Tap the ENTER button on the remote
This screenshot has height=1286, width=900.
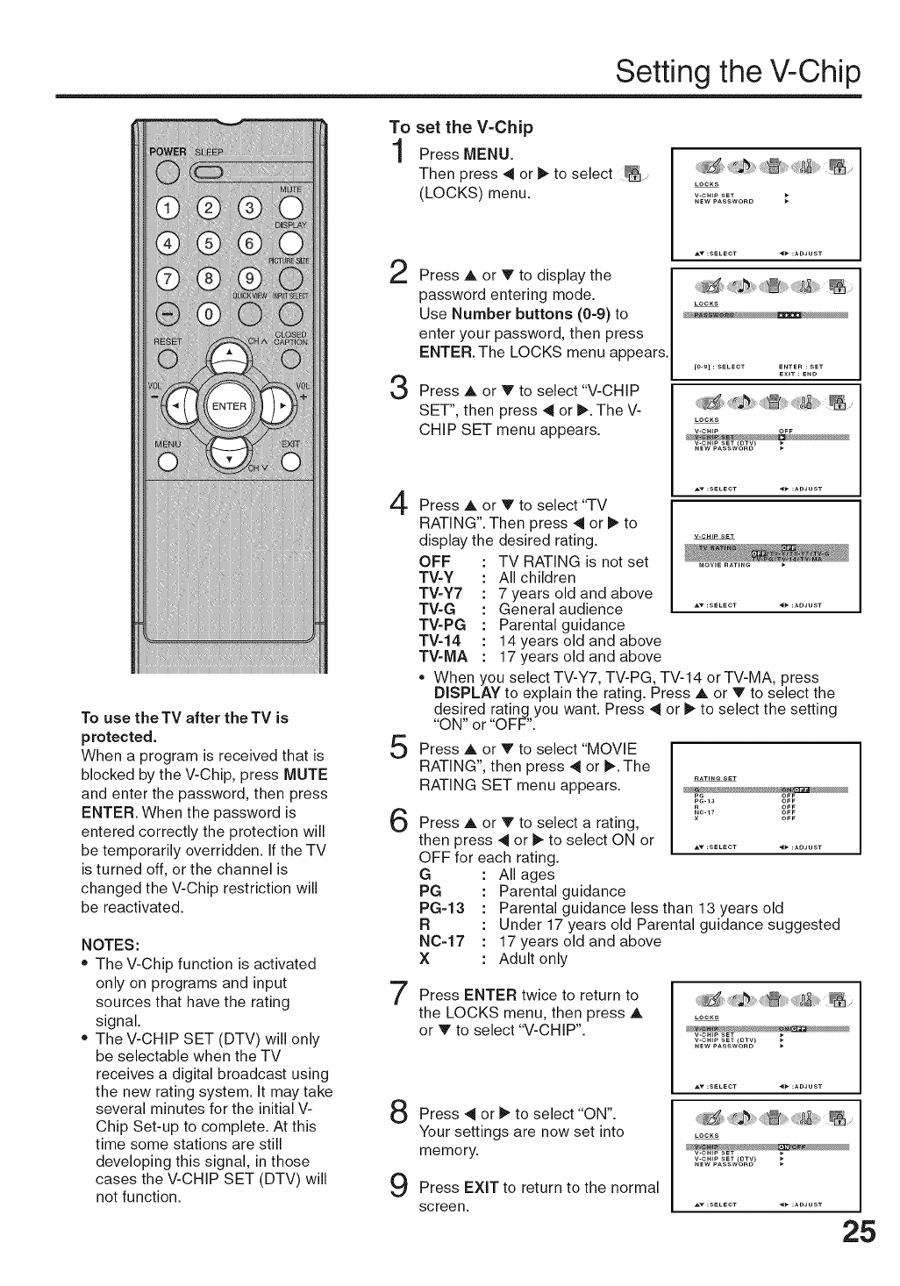point(230,405)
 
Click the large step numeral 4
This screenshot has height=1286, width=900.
point(399,509)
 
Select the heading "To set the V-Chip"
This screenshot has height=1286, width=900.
point(461,127)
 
